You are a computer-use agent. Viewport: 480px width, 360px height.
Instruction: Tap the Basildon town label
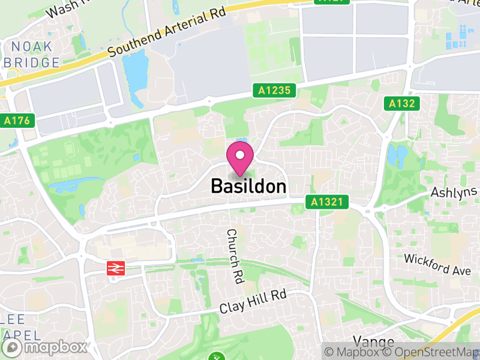point(248,187)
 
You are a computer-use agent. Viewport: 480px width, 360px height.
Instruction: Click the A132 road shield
point(401,104)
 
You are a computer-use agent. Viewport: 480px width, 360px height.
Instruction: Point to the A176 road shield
point(16,120)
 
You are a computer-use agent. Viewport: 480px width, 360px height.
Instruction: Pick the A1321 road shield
point(327,203)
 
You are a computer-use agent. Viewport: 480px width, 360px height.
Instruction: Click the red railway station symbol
point(115,268)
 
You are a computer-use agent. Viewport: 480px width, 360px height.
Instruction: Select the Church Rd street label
point(235,256)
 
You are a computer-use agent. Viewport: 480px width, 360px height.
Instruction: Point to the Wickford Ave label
point(437,265)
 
